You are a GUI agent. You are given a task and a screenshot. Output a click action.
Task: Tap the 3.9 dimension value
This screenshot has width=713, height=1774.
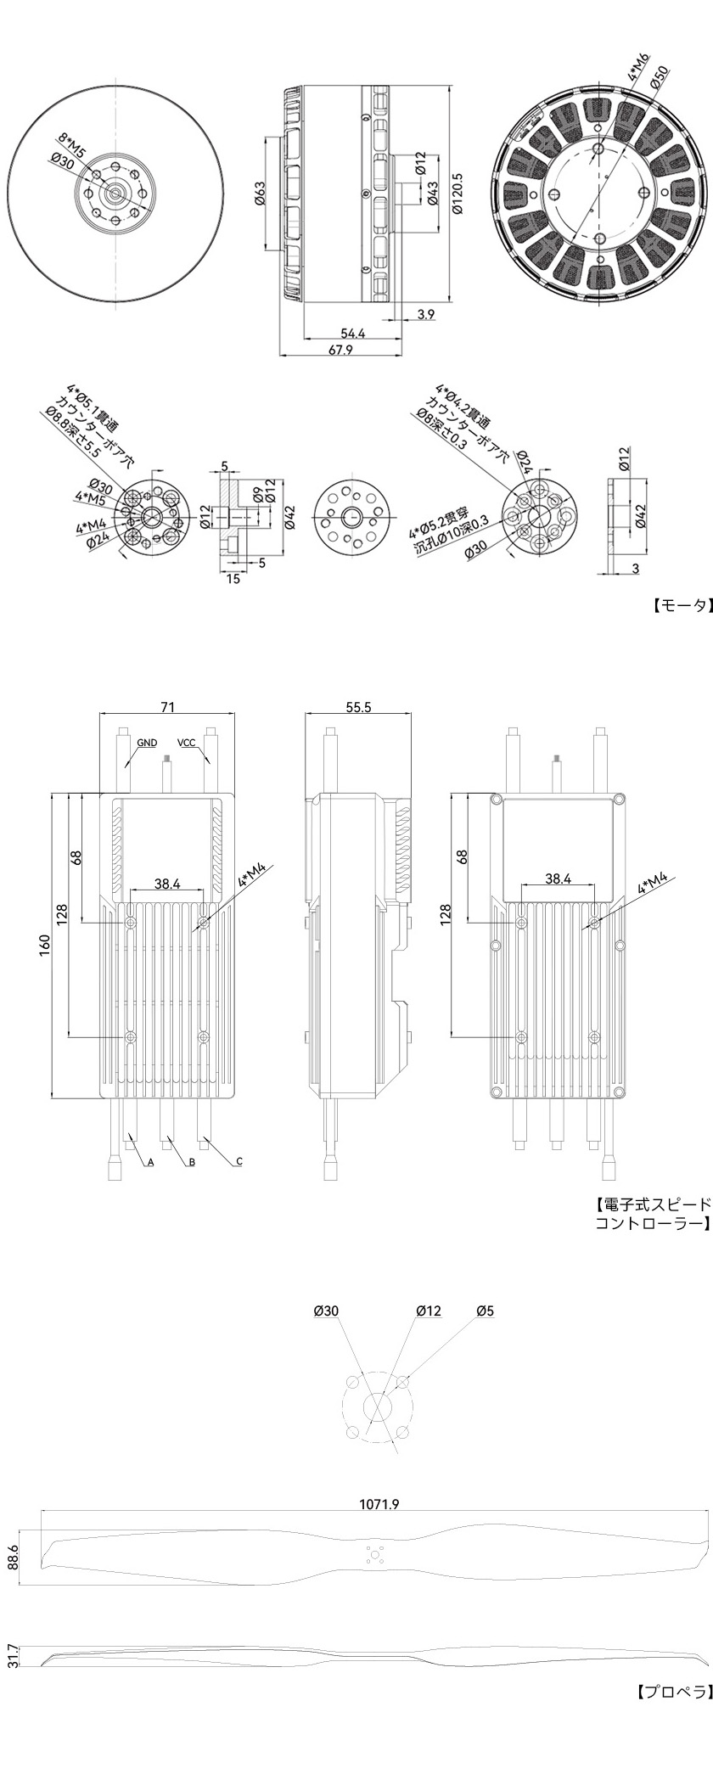tap(426, 314)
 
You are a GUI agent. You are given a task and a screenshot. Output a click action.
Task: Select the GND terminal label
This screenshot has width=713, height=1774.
tap(147, 743)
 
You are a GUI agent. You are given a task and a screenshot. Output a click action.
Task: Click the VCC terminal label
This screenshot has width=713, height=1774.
tap(187, 743)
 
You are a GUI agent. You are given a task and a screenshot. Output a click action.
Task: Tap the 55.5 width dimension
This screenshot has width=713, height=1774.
tap(359, 706)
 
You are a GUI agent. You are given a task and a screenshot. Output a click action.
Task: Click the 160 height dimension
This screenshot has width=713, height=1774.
tap(44, 944)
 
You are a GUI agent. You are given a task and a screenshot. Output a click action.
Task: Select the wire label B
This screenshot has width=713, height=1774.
tap(192, 1162)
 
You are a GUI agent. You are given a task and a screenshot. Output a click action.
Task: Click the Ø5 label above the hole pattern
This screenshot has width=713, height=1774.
tap(485, 1311)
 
